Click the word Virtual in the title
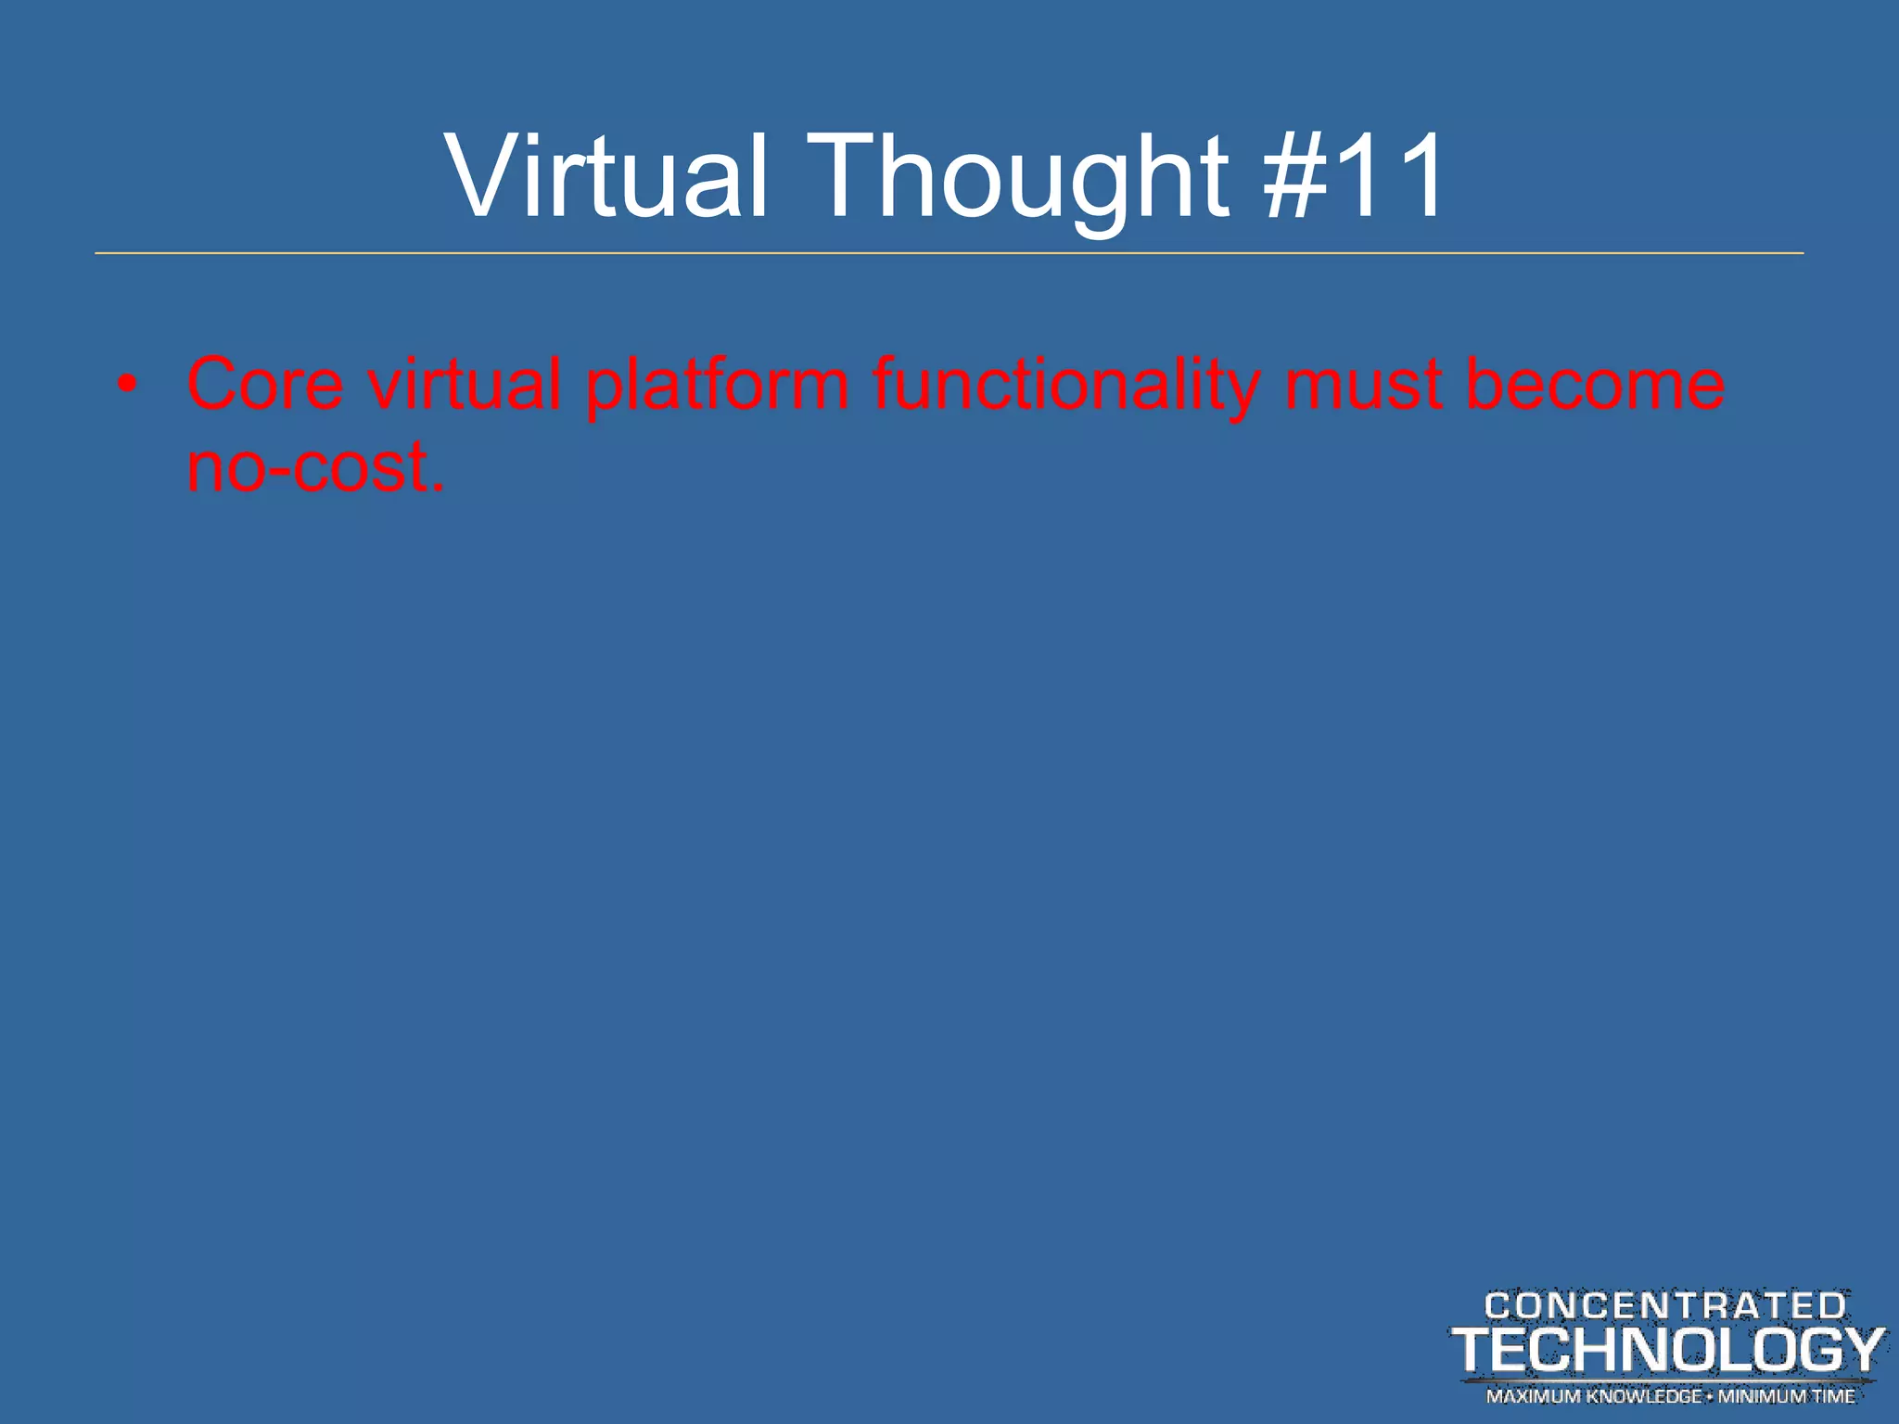click(x=607, y=176)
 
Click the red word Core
click(x=265, y=384)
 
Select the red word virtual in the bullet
click(x=465, y=384)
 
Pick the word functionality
click(x=1066, y=384)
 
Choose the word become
click(x=1595, y=384)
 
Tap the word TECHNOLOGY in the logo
click(x=1667, y=1350)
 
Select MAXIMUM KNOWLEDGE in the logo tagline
click(x=1594, y=1396)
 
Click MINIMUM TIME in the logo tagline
click(x=1787, y=1396)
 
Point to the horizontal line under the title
click(x=949, y=253)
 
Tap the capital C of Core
click(x=215, y=384)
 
